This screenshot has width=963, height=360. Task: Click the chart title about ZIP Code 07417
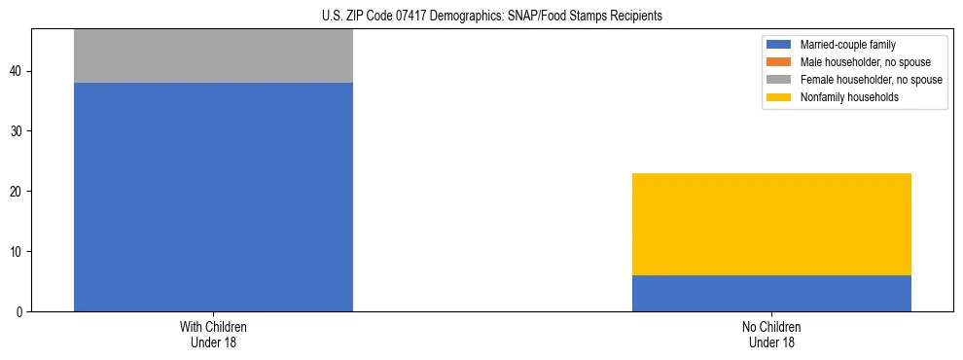tap(491, 16)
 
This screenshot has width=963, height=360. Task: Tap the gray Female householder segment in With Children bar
tap(213, 56)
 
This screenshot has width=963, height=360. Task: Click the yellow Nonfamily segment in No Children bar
tap(771, 224)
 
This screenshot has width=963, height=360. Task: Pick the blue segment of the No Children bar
tap(771, 293)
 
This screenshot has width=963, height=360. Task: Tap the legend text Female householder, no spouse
tap(871, 80)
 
